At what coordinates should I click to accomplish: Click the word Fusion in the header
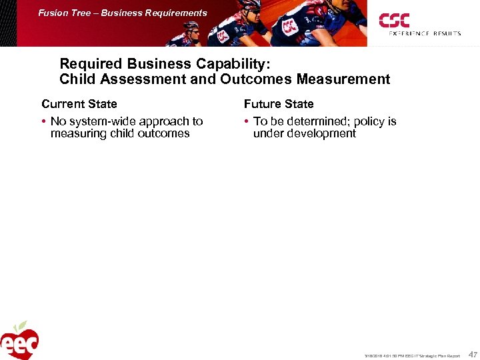pos(52,13)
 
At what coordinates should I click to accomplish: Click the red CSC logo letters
pos(394,20)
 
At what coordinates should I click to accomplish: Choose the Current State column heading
pos(79,104)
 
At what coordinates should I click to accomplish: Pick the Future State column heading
pos(279,104)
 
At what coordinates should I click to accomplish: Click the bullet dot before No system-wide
pos(43,121)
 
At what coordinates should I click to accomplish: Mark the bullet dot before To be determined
pos(246,121)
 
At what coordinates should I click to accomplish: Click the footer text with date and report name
pos(411,355)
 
